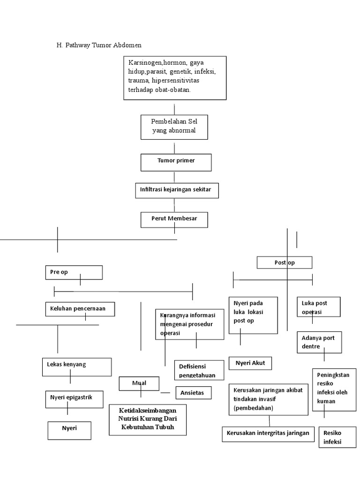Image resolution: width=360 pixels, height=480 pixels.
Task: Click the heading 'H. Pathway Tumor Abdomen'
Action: pyautogui.click(x=98, y=45)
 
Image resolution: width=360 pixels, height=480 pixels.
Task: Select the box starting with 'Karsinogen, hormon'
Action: pyautogui.click(x=174, y=78)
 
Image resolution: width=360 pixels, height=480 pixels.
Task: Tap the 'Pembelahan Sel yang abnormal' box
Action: pyautogui.click(x=174, y=127)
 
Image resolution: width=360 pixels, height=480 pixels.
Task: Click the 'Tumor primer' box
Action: pyautogui.click(x=176, y=161)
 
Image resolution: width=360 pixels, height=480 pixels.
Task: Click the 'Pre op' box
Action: pyautogui.click(x=74, y=272)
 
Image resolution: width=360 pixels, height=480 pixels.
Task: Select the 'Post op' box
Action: pyautogui.click(x=284, y=262)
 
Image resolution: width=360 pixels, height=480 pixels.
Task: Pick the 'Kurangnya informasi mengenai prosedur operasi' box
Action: pyautogui.click(x=189, y=324)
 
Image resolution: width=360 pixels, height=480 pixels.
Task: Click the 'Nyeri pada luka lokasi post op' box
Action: pyautogui.click(x=253, y=315)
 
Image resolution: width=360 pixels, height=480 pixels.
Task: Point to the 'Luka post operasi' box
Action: pyautogui.click(x=318, y=307)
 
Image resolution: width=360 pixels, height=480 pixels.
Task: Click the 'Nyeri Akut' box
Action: pyautogui.click(x=250, y=363)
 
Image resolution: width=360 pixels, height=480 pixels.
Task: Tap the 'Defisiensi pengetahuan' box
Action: pyautogui.click(x=199, y=369)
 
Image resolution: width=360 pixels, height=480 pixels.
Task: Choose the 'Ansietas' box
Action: pyautogui.click(x=193, y=393)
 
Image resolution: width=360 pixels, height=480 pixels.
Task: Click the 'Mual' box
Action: pyautogui.click(x=139, y=383)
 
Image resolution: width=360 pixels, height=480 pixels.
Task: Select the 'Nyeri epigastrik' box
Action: pyautogui.click(x=75, y=398)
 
